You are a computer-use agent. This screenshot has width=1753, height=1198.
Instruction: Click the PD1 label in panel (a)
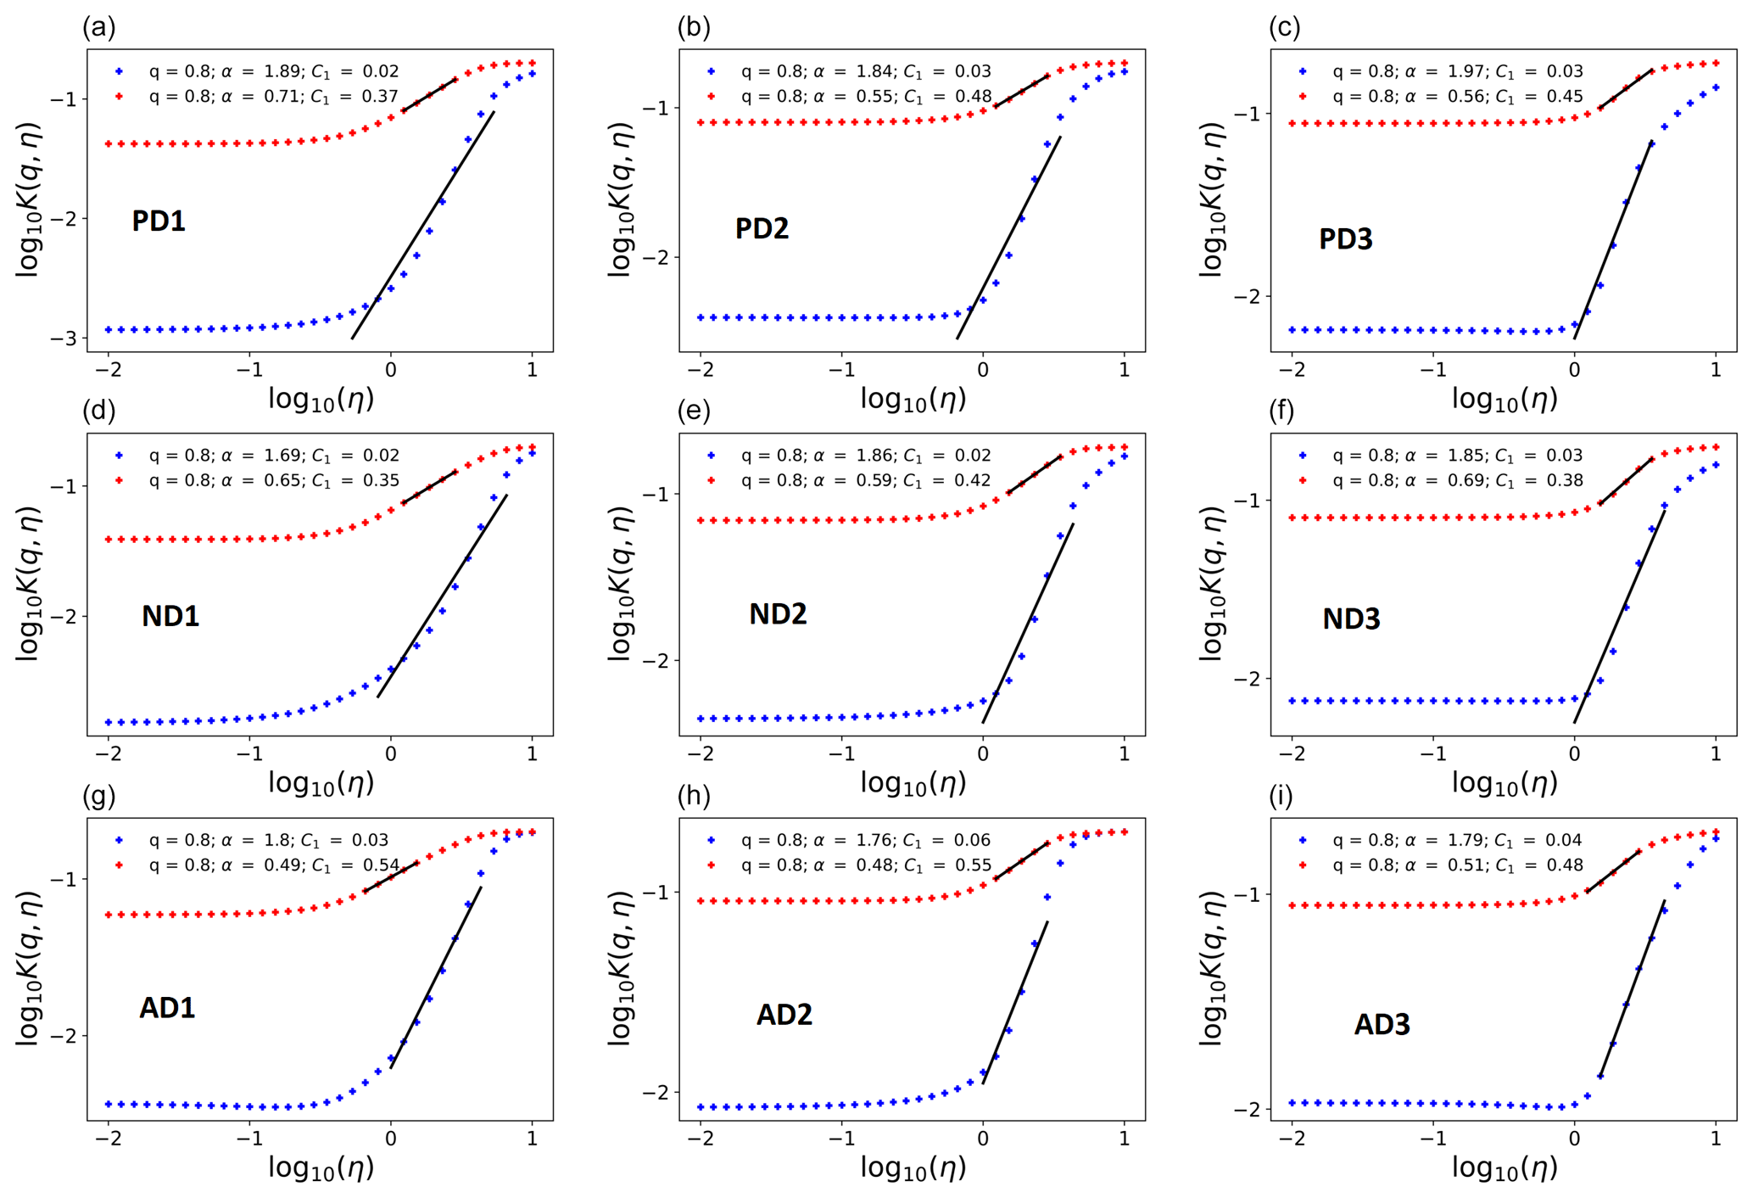[159, 221]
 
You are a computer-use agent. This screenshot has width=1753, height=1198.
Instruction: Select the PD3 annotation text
[1346, 239]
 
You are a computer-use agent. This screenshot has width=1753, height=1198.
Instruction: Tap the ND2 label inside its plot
[778, 613]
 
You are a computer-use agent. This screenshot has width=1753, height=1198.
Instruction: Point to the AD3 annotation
[1382, 1025]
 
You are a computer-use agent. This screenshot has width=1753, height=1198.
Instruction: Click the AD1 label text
[167, 1008]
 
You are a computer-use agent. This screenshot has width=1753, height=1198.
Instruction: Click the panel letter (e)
[694, 411]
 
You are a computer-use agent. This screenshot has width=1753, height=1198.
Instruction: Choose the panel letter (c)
[1284, 27]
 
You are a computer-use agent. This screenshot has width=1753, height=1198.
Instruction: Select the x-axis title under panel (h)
[913, 1168]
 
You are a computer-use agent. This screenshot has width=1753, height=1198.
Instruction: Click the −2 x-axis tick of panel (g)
[108, 1139]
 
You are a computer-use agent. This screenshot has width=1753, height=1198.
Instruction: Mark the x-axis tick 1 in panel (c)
[1716, 370]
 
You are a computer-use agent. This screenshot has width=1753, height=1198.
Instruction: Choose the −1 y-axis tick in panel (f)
[1248, 501]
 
